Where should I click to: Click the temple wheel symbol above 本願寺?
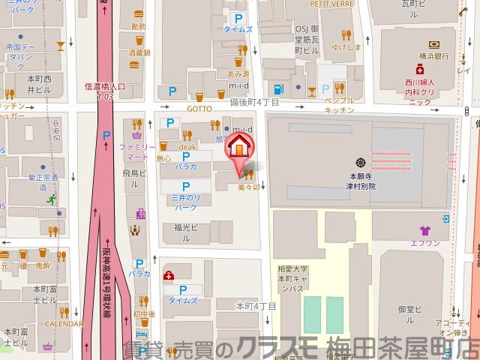pos(361,162)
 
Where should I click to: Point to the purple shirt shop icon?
pos(424,231)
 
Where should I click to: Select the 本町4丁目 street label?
pos(256,306)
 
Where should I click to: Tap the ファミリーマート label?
pos(136,153)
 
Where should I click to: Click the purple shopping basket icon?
pos(137,136)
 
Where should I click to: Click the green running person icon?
pos(51,199)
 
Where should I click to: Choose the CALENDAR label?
pos(63,324)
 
